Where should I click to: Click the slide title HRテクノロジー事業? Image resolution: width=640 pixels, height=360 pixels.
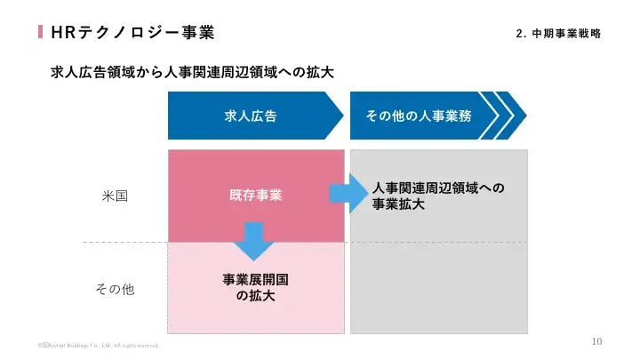click(x=132, y=33)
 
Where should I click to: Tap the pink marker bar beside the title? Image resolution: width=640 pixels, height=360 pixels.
click(x=40, y=33)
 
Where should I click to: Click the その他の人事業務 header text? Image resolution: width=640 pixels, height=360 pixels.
click(x=417, y=116)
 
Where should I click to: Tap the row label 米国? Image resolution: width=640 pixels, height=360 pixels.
click(x=116, y=196)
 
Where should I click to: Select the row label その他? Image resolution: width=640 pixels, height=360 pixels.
click(x=115, y=289)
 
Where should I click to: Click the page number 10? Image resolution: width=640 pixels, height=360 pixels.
click(x=596, y=341)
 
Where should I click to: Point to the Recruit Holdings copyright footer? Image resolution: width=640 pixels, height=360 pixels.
click(x=98, y=345)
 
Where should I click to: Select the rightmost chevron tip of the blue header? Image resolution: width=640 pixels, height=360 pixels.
click(x=520, y=116)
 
